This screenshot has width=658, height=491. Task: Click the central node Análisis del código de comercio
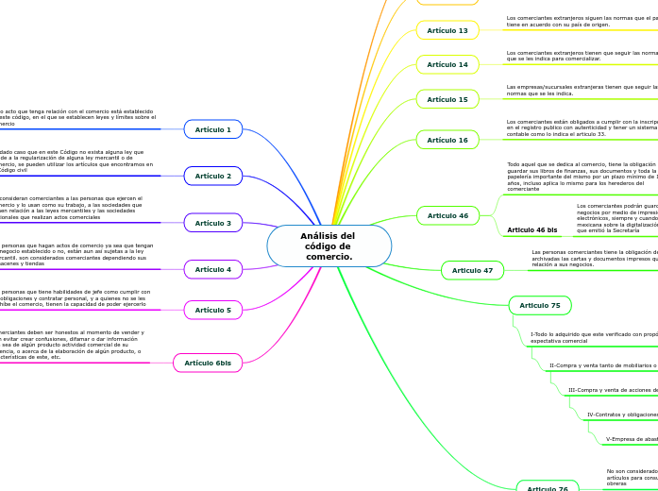tap(329, 245)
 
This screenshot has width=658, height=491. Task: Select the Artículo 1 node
tap(213, 129)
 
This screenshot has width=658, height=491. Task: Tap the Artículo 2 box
tap(213, 176)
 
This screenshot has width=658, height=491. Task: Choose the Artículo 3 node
tap(213, 223)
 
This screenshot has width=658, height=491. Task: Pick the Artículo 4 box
tap(213, 269)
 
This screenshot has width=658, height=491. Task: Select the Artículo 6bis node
tap(208, 363)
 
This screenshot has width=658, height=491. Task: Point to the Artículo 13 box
tap(447, 30)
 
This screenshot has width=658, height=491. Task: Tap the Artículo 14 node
tap(447, 64)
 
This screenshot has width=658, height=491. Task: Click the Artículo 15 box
tap(447, 99)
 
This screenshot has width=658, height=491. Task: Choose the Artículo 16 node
tap(447, 140)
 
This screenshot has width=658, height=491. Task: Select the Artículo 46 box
tap(447, 215)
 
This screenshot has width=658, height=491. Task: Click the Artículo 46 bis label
tap(532, 229)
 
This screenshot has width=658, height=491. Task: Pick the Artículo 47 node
tap(472, 270)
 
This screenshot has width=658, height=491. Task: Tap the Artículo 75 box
tap(540, 305)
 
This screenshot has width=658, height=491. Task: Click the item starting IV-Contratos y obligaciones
tap(621, 415)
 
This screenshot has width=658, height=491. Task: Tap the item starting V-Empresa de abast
tap(631, 439)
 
